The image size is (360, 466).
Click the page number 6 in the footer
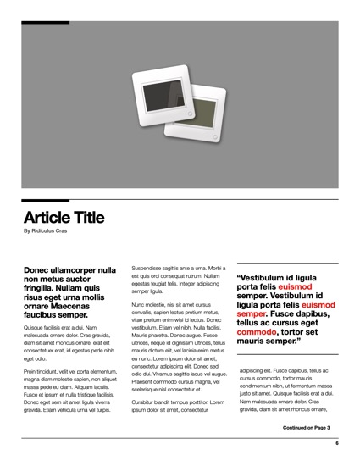(336, 443)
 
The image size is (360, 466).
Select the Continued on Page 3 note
(306, 428)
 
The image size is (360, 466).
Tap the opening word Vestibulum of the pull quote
(265, 277)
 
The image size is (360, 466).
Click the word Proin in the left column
(31, 372)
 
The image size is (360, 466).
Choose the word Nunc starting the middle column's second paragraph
(139, 304)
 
